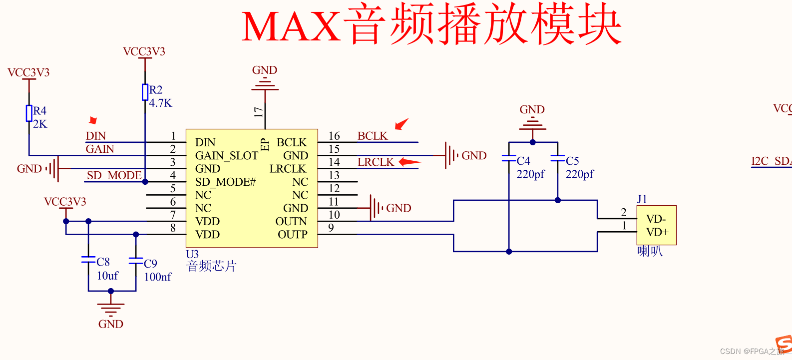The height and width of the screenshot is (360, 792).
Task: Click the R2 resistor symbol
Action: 145,92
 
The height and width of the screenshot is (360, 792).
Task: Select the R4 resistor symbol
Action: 29,113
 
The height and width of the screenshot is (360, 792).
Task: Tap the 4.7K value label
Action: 160,103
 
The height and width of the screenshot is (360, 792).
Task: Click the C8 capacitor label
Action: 103,262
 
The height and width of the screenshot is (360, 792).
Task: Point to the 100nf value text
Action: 158,277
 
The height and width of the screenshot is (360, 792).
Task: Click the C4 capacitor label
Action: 523,161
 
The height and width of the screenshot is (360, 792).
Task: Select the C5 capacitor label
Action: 572,161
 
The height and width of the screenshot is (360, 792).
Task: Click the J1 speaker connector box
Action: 656,225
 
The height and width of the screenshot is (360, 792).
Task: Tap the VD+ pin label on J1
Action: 657,232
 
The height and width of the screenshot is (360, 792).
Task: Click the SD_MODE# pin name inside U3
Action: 225,182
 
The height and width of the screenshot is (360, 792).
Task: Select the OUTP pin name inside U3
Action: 293,235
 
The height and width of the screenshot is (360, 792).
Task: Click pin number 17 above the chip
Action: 258,112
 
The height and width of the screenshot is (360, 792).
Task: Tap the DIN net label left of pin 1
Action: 95,136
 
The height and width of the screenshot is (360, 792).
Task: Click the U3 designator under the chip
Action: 192,254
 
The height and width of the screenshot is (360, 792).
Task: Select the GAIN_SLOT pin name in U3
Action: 227,156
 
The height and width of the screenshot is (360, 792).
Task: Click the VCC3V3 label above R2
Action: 144,52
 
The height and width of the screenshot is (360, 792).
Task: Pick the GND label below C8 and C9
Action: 110,324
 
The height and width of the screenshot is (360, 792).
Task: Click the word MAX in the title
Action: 291,26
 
